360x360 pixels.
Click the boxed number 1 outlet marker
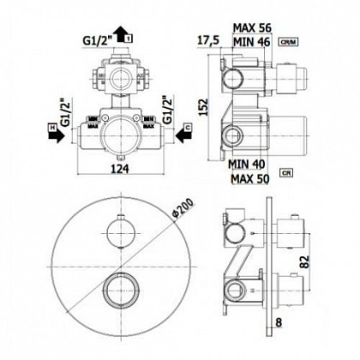tap(129, 39)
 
